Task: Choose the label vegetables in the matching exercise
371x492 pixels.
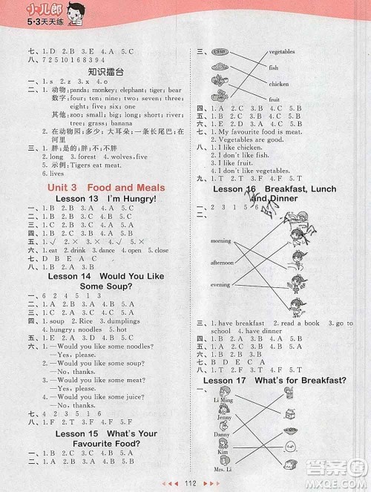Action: point(282,52)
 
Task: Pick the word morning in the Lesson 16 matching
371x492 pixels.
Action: point(221,241)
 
